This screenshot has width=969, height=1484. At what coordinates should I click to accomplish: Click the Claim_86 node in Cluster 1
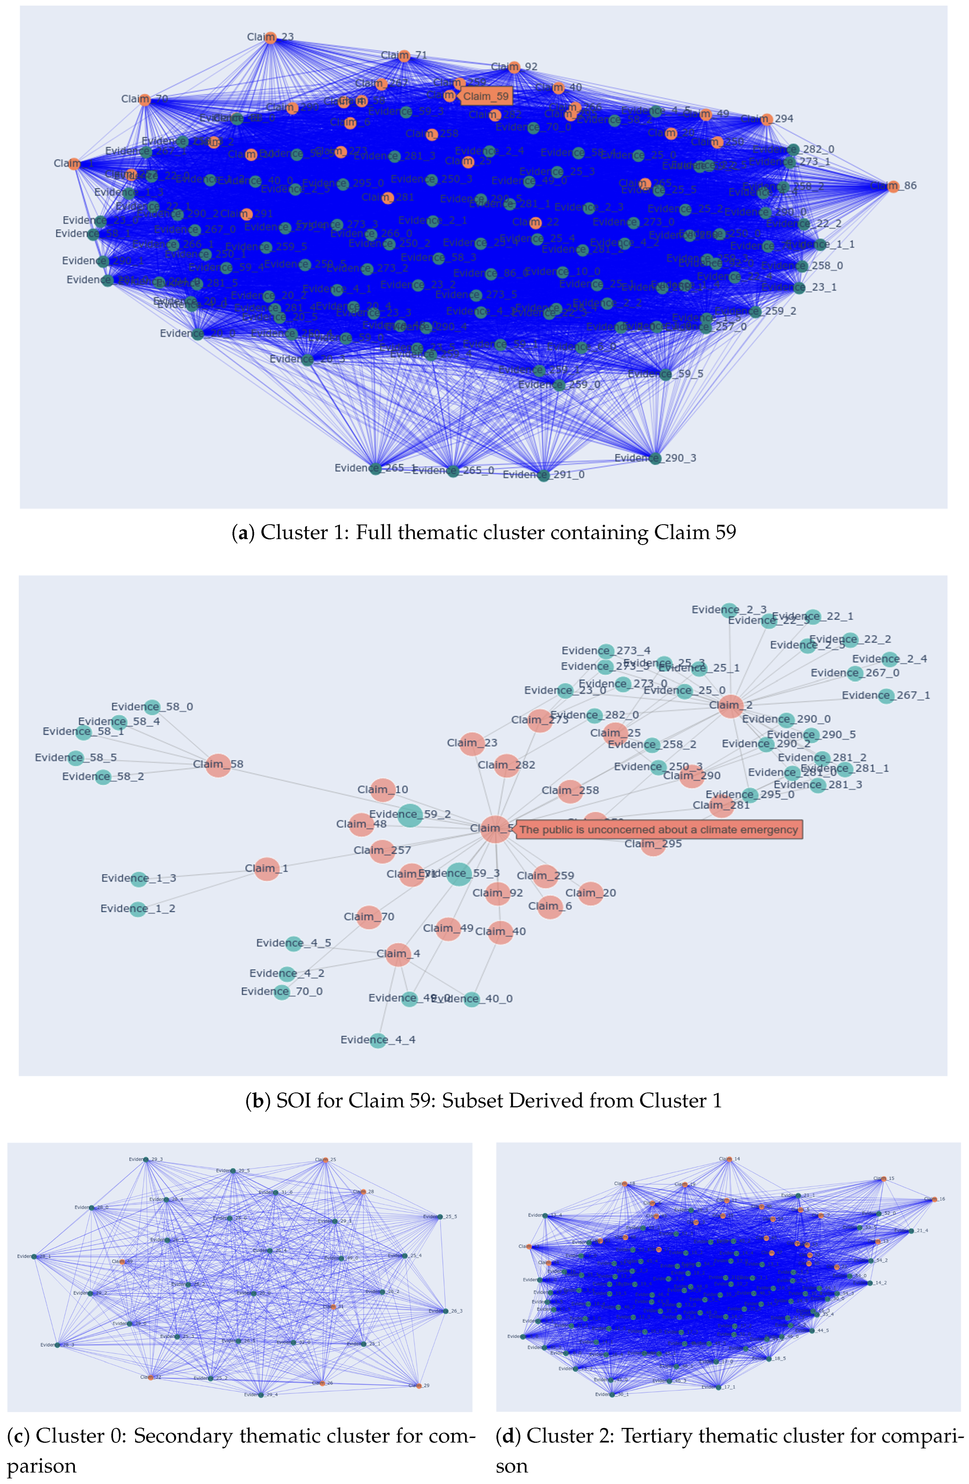[893, 186]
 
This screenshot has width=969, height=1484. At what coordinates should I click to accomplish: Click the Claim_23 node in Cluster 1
[271, 37]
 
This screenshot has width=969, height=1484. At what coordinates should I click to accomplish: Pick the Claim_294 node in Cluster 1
[766, 119]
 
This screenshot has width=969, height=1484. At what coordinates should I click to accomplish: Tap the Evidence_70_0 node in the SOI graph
[282, 991]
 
